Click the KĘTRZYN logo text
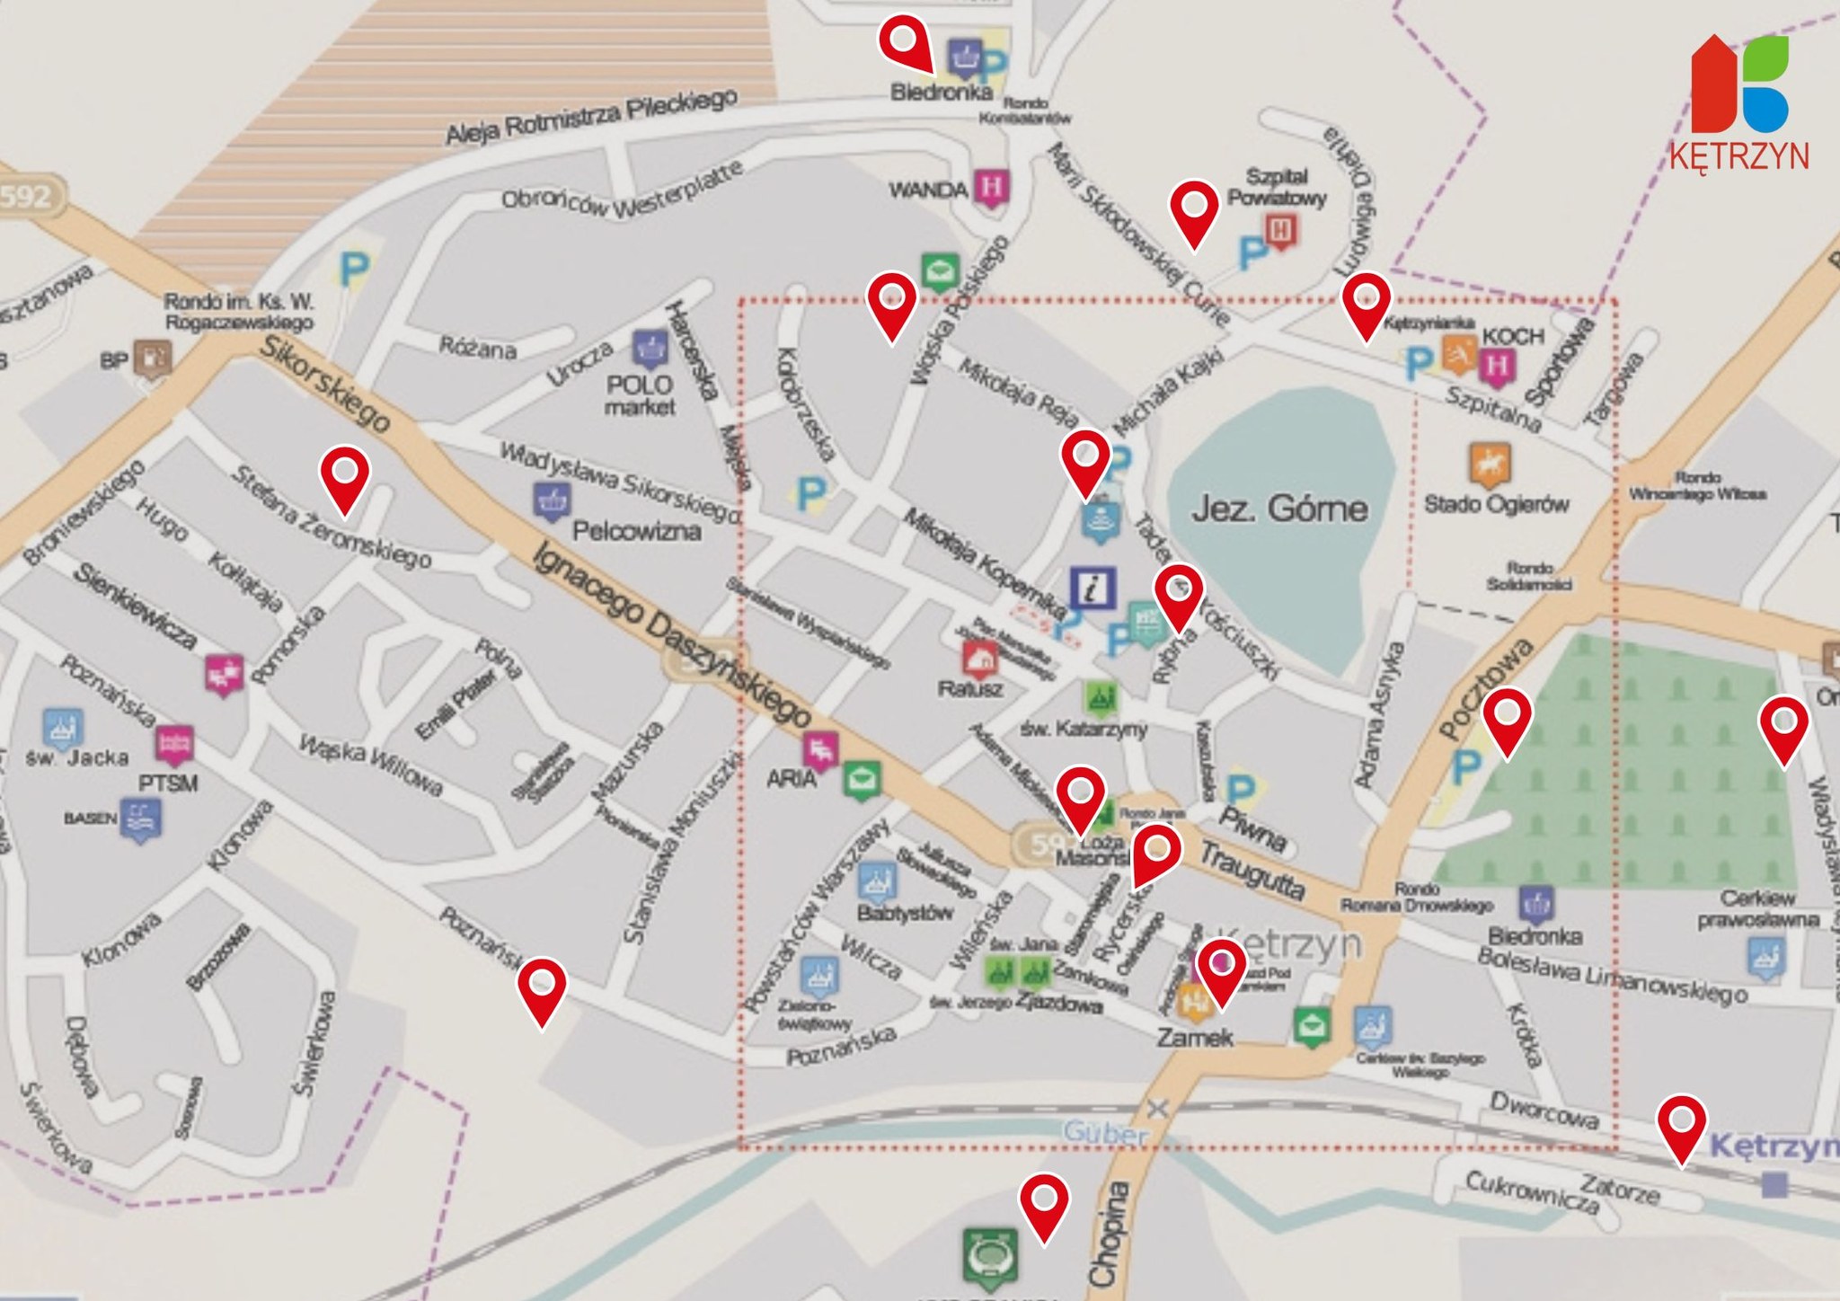[x=1739, y=155]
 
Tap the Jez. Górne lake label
[x=1279, y=509]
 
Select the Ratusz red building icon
[x=979, y=659]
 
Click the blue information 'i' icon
[x=1092, y=589]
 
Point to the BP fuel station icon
[x=152, y=357]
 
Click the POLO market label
[x=640, y=395]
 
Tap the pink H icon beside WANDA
[x=991, y=188]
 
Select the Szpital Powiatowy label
[x=1277, y=187]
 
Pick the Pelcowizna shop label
[x=636, y=531]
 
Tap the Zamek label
[x=1194, y=1038]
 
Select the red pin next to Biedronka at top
[x=906, y=42]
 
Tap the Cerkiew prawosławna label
[x=1757, y=908]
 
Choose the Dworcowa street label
[x=1544, y=1111]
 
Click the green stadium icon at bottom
[x=990, y=1254]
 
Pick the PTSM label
[x=168, y=783]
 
